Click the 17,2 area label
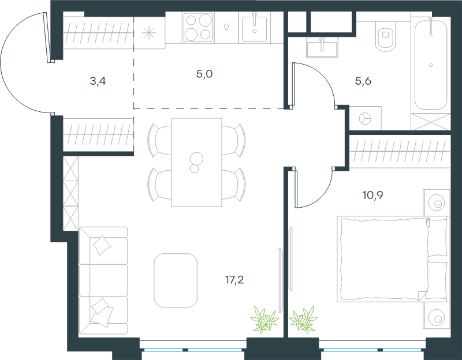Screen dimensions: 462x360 234,280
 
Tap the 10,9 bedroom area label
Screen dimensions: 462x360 372,195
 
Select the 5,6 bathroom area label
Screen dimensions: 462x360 363,81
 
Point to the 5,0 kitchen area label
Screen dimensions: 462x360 204,74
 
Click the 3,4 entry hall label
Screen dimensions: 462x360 98,81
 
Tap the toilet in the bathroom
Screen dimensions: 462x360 386,37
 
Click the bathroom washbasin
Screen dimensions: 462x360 322,47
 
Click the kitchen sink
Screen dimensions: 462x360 255,28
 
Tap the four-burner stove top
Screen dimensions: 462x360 198,28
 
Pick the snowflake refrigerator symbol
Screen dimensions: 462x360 149,33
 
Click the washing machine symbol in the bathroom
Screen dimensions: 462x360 366,118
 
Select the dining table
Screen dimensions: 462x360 196,162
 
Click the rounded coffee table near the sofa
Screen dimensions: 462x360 176,280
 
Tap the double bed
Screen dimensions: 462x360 393,259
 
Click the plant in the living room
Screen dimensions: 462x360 264,320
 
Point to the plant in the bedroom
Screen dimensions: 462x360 303,320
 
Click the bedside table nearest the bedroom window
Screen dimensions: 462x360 437,316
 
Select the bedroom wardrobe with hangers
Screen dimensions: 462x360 400,152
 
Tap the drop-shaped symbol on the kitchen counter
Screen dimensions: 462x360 226,27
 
